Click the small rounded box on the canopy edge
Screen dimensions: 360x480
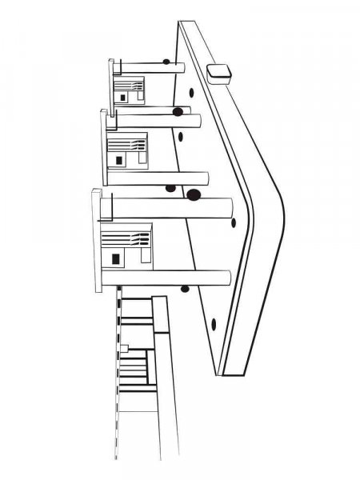click(x=218, y=73)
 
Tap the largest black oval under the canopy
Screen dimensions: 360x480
click(x=193, y=194)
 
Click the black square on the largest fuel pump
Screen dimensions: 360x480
click(x=117, y=260)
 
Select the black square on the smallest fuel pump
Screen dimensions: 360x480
click(x=123, y=96)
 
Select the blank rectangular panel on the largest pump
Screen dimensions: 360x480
click(x=145, y=258)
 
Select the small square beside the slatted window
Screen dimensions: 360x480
click(x=124, y=347)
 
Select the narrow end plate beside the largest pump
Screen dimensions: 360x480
click(x=97, y=240)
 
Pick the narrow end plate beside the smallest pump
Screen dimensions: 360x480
click(x=113, y=80)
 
